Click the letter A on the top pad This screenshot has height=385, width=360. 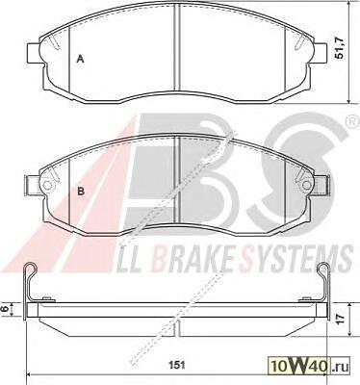tap(81, 59)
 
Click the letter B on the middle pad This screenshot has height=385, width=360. tap(81, 192)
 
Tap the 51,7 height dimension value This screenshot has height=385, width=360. tap(339, 48)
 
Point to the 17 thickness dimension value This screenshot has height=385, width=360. tap(341, 318)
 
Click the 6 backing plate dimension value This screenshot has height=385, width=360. tap(5, 309)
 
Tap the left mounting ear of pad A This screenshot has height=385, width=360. tap(34, 53)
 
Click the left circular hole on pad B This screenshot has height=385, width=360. tap(47, 185)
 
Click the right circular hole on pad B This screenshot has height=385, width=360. tap(306, 185)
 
